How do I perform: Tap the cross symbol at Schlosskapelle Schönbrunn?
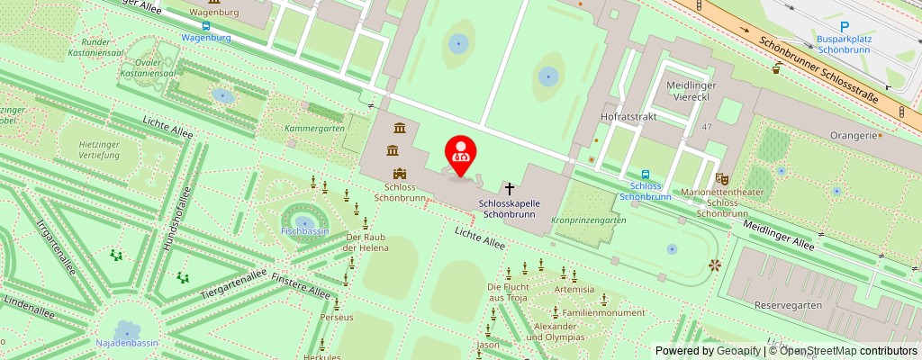[x=510, y=189]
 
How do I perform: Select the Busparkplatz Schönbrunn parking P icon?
[x=845, y=28]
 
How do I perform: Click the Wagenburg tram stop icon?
[x=206, y=25]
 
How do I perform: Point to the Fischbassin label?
[x=303, y=231]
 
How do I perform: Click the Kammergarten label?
[x=314, y=129]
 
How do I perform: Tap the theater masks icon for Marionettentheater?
[x=720, y=179]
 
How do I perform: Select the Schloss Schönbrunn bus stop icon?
[x=646, y=175]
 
